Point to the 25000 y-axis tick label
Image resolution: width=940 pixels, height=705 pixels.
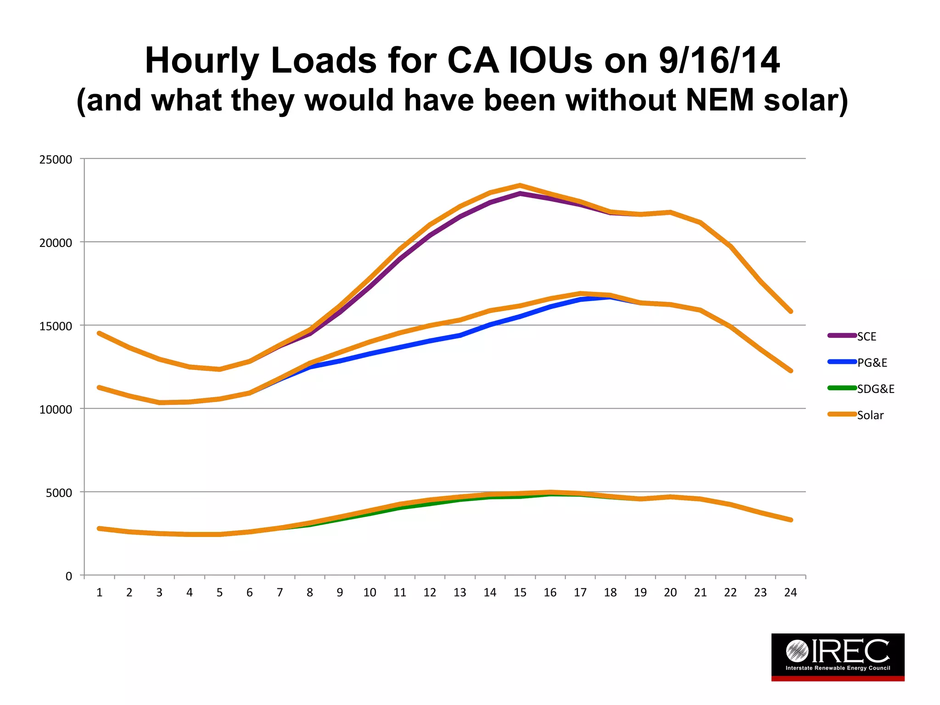[56, 160]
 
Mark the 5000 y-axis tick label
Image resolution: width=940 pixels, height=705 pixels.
[59, 493]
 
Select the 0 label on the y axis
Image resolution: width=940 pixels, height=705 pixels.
[69, 576]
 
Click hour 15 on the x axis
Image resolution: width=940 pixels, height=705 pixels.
[520, 593]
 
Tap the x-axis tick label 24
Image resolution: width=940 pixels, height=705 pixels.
[790, 593]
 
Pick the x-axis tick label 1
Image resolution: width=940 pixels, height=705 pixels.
[99, 593]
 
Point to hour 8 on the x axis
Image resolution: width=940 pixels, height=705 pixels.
[310, 593]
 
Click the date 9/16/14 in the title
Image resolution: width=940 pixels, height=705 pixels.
[719, 61]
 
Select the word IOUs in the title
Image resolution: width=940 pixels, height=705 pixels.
[551, 61]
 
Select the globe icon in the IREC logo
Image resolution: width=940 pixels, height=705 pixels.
[797, 650]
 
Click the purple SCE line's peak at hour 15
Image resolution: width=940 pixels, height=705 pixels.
[520, 194]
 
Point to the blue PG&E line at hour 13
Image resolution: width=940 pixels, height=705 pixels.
[460, 336]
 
